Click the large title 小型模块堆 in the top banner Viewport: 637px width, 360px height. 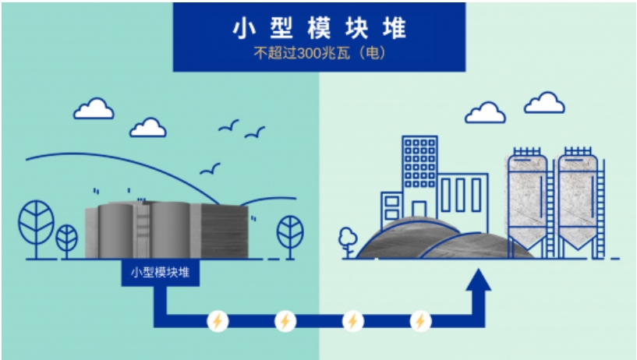(320, 28)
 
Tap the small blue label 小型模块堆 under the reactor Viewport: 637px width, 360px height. (160, 272)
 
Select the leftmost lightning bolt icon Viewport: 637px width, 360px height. (218, 321)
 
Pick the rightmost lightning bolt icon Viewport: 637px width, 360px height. (420, 321)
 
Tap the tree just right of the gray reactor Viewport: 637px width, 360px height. (290, 235)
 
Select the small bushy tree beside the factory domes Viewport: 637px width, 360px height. (348, 242)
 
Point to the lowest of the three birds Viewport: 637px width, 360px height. (210, 169)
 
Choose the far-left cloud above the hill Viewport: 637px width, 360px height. (94, 108)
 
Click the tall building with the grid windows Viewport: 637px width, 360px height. (419, 175)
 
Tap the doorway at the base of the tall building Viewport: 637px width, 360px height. (419, 209)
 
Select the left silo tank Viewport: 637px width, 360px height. (527, 202)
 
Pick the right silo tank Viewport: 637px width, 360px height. (578, 202)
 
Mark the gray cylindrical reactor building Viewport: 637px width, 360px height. (167, 229)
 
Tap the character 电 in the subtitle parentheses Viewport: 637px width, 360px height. (372, 53)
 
